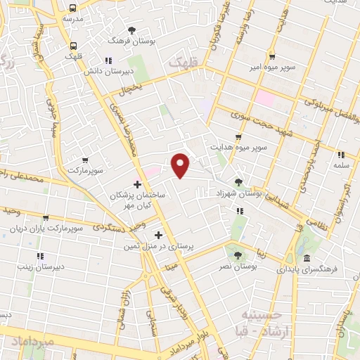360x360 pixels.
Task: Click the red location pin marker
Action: click(181, 164)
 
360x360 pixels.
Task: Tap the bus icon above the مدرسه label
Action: click(73, 8)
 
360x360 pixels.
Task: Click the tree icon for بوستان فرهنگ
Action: click(132, 29)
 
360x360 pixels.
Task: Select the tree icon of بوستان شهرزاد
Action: click(238, 182)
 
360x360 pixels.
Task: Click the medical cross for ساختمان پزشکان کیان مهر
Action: click(138, 184)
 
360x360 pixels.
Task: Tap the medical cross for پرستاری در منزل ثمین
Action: click(158, 235)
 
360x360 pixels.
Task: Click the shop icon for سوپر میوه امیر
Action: click(271, 57)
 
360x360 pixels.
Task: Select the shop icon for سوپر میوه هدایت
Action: click(239, 136)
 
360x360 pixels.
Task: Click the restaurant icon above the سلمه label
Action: click(341, 155)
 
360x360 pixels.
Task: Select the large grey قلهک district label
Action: click(184, 63)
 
